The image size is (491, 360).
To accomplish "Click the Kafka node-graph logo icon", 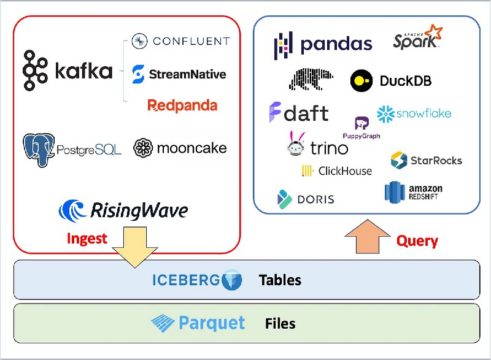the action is click(x=35, y=71).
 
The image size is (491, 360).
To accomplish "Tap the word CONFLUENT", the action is click(x=191, y=41).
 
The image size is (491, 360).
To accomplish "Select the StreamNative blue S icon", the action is click(x=138, y=74).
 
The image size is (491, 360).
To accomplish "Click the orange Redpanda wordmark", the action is click(x=182, y=105).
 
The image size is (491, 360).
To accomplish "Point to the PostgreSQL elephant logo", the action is click(x=39, y=150).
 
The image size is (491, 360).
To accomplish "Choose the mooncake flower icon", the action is click(x=143, y=148).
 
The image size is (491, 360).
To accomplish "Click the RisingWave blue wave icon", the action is click(x=72, y=211).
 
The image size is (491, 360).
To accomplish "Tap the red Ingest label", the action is click(x=87, y=239).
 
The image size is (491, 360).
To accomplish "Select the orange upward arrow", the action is click(x=367, y=237).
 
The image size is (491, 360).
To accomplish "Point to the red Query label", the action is click(x=417, y=241).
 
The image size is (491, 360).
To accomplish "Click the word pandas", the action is click(x=336, y=44).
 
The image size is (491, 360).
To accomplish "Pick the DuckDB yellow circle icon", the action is click(x=361, y=81).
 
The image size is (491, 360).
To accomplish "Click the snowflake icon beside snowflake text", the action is click(x=386, y=114).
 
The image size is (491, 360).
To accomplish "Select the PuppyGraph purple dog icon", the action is click(x=361, y=123).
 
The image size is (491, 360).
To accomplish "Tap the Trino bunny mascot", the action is click(x=296, y=144).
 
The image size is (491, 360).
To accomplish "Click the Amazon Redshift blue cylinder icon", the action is click(x=395, y=192).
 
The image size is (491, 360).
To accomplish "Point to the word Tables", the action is click(x=280, y=280).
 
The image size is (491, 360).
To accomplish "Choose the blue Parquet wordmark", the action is click(x=211, y=323).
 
